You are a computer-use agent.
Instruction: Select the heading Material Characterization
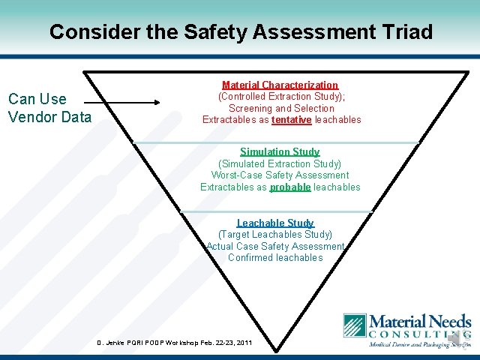click(x=280, y=85)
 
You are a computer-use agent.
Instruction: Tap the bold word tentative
click(x=292, y=120)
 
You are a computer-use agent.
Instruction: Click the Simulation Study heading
click(x=280, y=151)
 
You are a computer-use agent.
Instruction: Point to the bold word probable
click(x=290, y=187)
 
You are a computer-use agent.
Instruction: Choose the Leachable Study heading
click(x=275, y=223)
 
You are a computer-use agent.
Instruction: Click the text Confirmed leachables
click(x=275, y=258)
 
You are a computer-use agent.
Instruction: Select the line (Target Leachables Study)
click(x=275, y=235)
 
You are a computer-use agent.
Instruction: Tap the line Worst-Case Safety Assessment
click(x=280, y=175)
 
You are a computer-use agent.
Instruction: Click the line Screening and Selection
click(x=281, y=109)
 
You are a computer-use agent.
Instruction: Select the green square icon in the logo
click(x=354, y=325)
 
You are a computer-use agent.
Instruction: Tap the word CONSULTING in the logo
click(x=419, y=334)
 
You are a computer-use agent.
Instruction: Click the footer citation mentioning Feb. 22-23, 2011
click(x=175, y=343)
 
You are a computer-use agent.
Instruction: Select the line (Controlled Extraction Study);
click(x=281, y=97)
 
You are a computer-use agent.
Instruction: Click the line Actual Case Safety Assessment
click(x=275, y=247)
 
